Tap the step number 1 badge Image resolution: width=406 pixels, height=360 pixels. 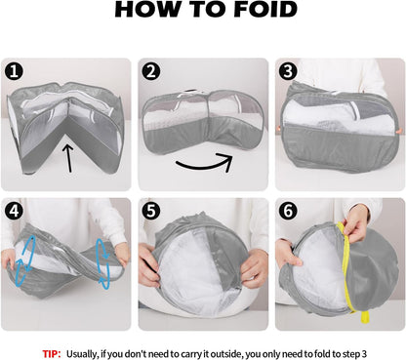click(x=14, y=71)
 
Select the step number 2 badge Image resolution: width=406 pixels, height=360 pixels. click(x=151, y=71)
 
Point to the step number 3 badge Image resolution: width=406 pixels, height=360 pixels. click(x=288, y=71)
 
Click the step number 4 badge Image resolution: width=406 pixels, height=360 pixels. click(x=14, y=211)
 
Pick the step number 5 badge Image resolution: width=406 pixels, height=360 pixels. click(x=151, y=211)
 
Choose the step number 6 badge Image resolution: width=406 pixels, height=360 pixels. click(x=288, y=211)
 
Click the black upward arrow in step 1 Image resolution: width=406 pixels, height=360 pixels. click(x=68, y=158)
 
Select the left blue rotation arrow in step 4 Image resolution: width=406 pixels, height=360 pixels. click(x=24, y=260)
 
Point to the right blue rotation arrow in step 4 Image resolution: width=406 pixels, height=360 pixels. click(x=103, y=264)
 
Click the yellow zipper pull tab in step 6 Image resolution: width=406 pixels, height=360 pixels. click(x=365, y=317)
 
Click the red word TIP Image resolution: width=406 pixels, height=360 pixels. click(x=52, y=354)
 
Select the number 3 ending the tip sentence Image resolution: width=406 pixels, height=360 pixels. click(x=364, y=354)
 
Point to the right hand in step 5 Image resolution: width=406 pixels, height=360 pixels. click(x=255, y=268)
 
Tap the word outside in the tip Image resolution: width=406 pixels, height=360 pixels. click(x=226, y=354)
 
